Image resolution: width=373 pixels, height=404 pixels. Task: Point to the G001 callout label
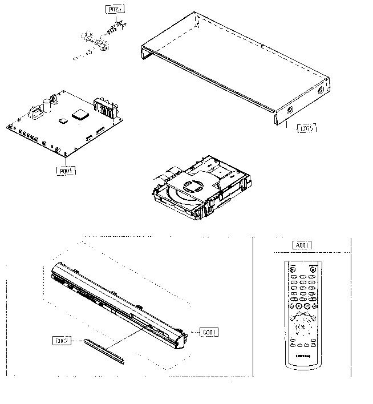tap(210, 332)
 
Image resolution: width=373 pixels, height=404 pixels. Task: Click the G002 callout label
tap(62, 341)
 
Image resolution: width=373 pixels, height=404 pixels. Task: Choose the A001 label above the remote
tap(301, 246)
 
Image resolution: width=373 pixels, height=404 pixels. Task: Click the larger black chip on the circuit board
tap(80, 114)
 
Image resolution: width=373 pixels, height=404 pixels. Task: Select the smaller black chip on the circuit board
tap(63, 120)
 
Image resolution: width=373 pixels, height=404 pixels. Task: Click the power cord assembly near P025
tap(100, 43)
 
